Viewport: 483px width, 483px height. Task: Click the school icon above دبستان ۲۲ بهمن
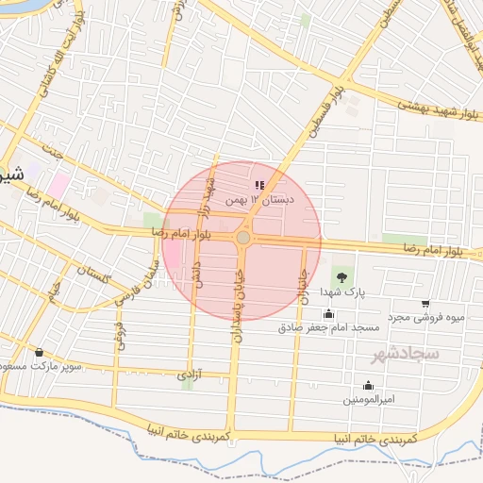pyautogui.click(x=260, y=185)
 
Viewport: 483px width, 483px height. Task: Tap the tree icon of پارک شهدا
pyautogui.click(x=341, y=277)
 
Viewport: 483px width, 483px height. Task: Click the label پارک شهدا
pyautogui.click(x=341, y=292)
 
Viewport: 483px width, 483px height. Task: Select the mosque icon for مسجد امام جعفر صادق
pyautogui.click(x=328, y=313)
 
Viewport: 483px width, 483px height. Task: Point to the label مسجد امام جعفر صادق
pyautogui.click(x=328, y=327)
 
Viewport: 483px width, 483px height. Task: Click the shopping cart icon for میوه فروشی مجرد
pyautogui.click(x=425, y=304)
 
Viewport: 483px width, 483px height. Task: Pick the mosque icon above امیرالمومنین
pyautogui.click(x=368, y=385)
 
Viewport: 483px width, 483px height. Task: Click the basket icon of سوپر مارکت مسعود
pyautogui.click(x=39, y=352)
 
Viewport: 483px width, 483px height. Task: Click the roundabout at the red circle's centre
pyautogui.click(x=243, y=239)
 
